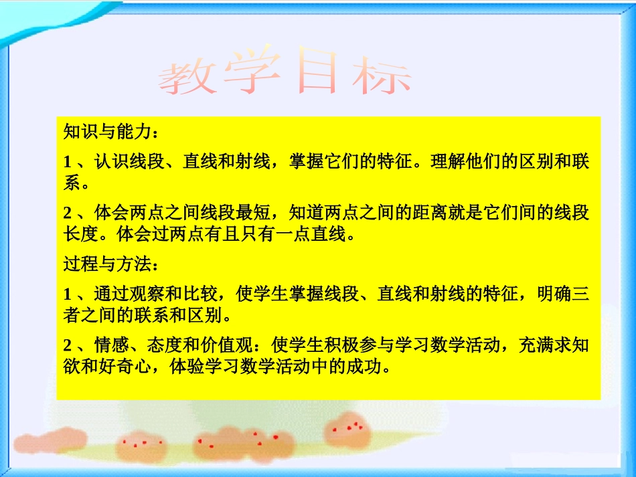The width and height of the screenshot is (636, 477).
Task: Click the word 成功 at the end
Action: click(371, 367)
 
